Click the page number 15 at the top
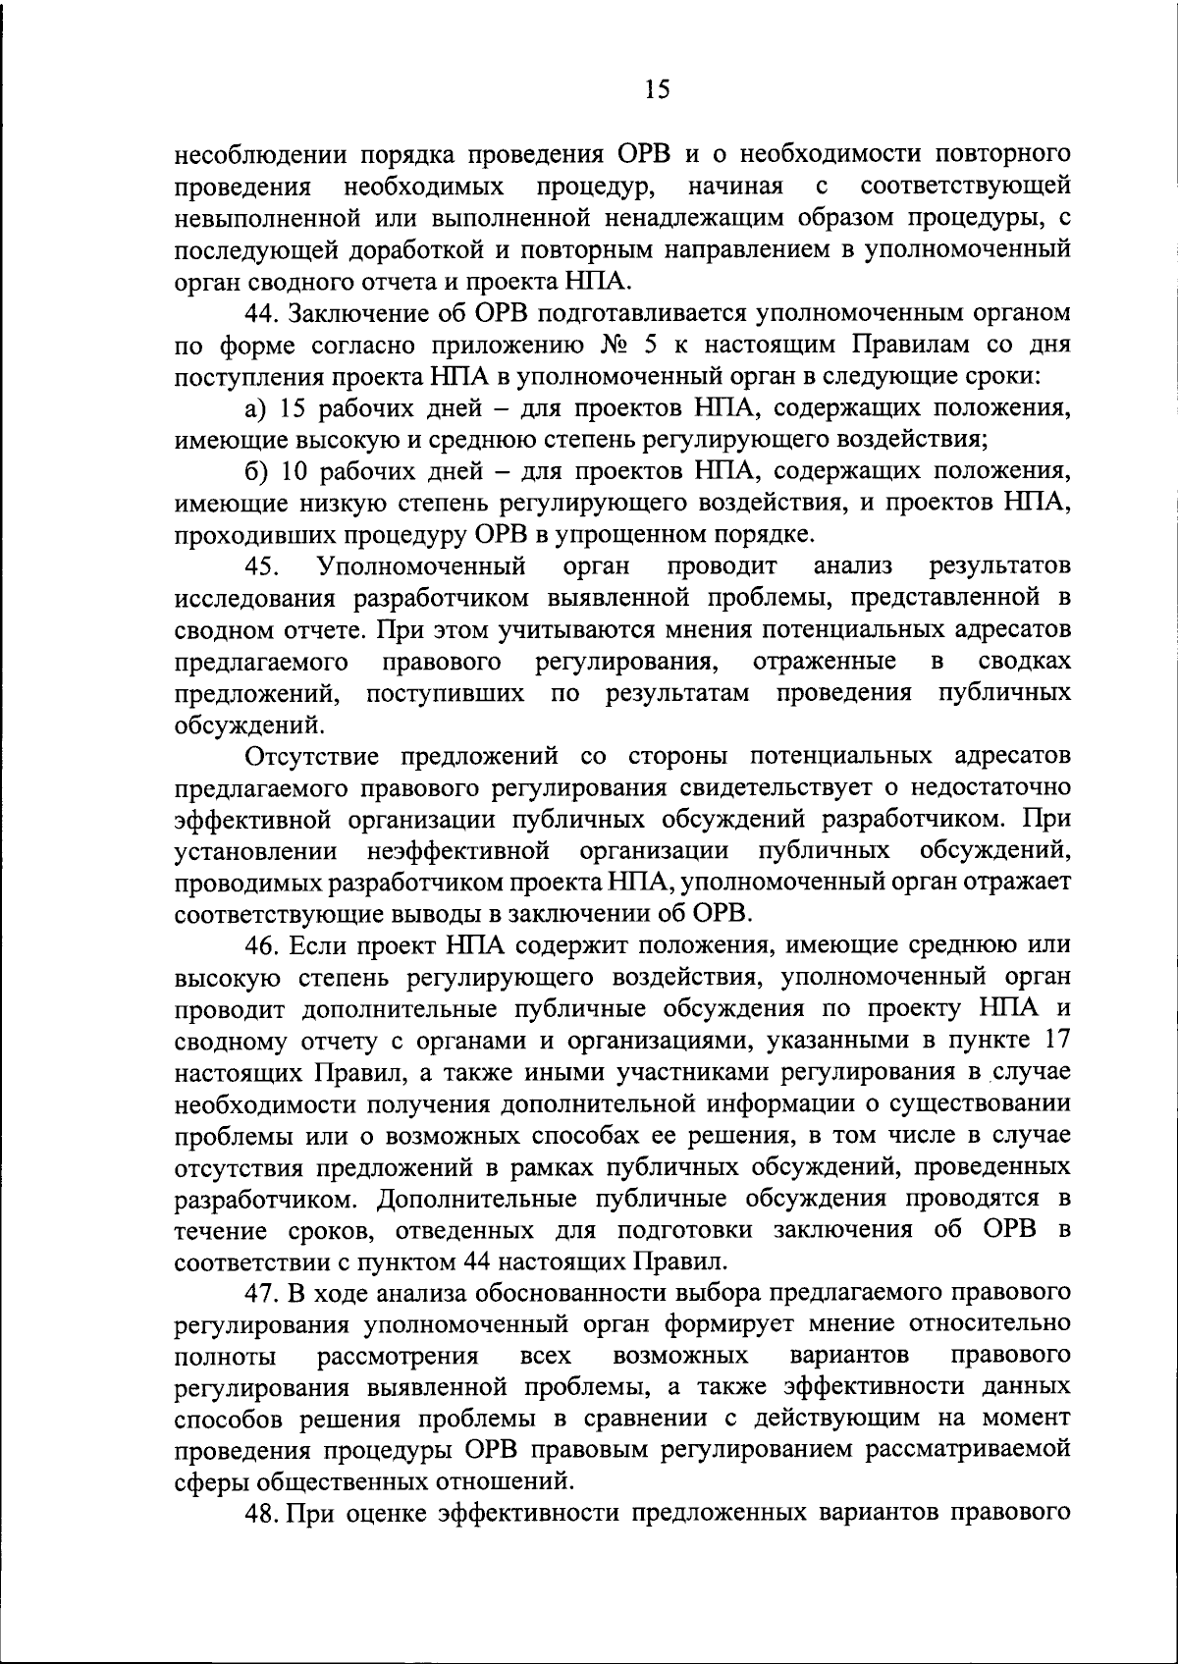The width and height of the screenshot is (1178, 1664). [658, 90]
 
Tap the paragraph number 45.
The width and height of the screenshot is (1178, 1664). [263, 566]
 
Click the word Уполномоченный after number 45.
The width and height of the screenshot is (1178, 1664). [422, 566]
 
